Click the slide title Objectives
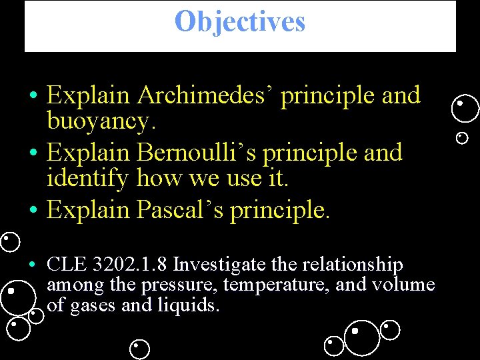pyautogui.click(x=239, y=21)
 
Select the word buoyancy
pyautogui.click(x=99, y=122)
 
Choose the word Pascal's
pyautogui.click(x=180, y=210)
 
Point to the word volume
pyautogui.click(x=405, y=285)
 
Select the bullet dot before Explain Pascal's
pyautogui.click(x=32, y=211)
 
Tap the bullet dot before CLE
pyautogui.click(x=32, y=265)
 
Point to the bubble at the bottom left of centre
pyautogui.click(x=139, y=349)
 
